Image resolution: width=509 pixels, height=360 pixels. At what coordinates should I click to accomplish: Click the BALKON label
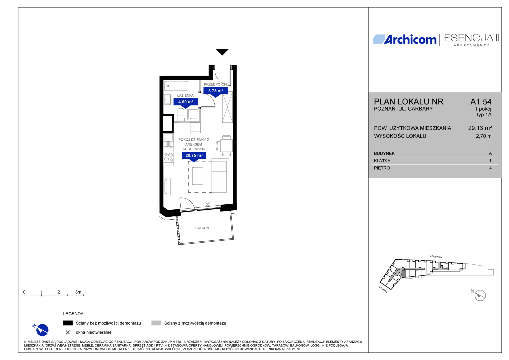202,228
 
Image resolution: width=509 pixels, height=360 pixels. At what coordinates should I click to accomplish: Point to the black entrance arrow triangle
222,52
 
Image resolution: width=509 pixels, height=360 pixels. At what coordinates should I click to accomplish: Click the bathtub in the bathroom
177,86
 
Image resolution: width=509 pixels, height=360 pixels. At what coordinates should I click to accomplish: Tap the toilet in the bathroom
181,114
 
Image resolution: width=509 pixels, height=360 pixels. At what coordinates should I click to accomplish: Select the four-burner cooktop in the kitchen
169,157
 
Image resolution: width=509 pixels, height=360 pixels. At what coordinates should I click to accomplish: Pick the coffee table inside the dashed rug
198,176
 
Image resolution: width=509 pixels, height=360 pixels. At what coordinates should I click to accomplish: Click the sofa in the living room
220,177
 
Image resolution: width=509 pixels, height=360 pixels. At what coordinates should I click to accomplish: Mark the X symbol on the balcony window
207,204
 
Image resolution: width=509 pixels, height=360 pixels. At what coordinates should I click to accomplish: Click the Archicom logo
405,39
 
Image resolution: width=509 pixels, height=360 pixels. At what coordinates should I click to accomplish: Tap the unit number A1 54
481,102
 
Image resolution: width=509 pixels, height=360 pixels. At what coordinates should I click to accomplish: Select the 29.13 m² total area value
480,128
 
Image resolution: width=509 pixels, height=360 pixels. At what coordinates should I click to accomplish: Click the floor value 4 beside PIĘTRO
490,168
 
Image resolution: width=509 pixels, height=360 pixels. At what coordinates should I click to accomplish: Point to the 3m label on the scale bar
78,292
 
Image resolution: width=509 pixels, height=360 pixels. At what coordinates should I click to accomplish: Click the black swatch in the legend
68,323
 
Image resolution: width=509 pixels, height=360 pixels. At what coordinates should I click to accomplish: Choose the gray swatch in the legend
156,323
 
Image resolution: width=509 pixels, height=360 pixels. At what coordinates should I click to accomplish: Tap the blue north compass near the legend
41,330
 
